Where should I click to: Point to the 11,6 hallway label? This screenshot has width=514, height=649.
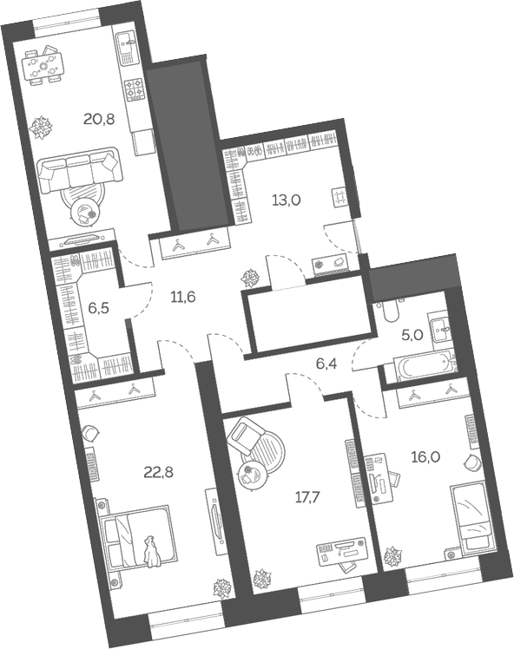(182, 297)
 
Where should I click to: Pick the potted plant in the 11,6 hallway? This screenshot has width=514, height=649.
(251, 278)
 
